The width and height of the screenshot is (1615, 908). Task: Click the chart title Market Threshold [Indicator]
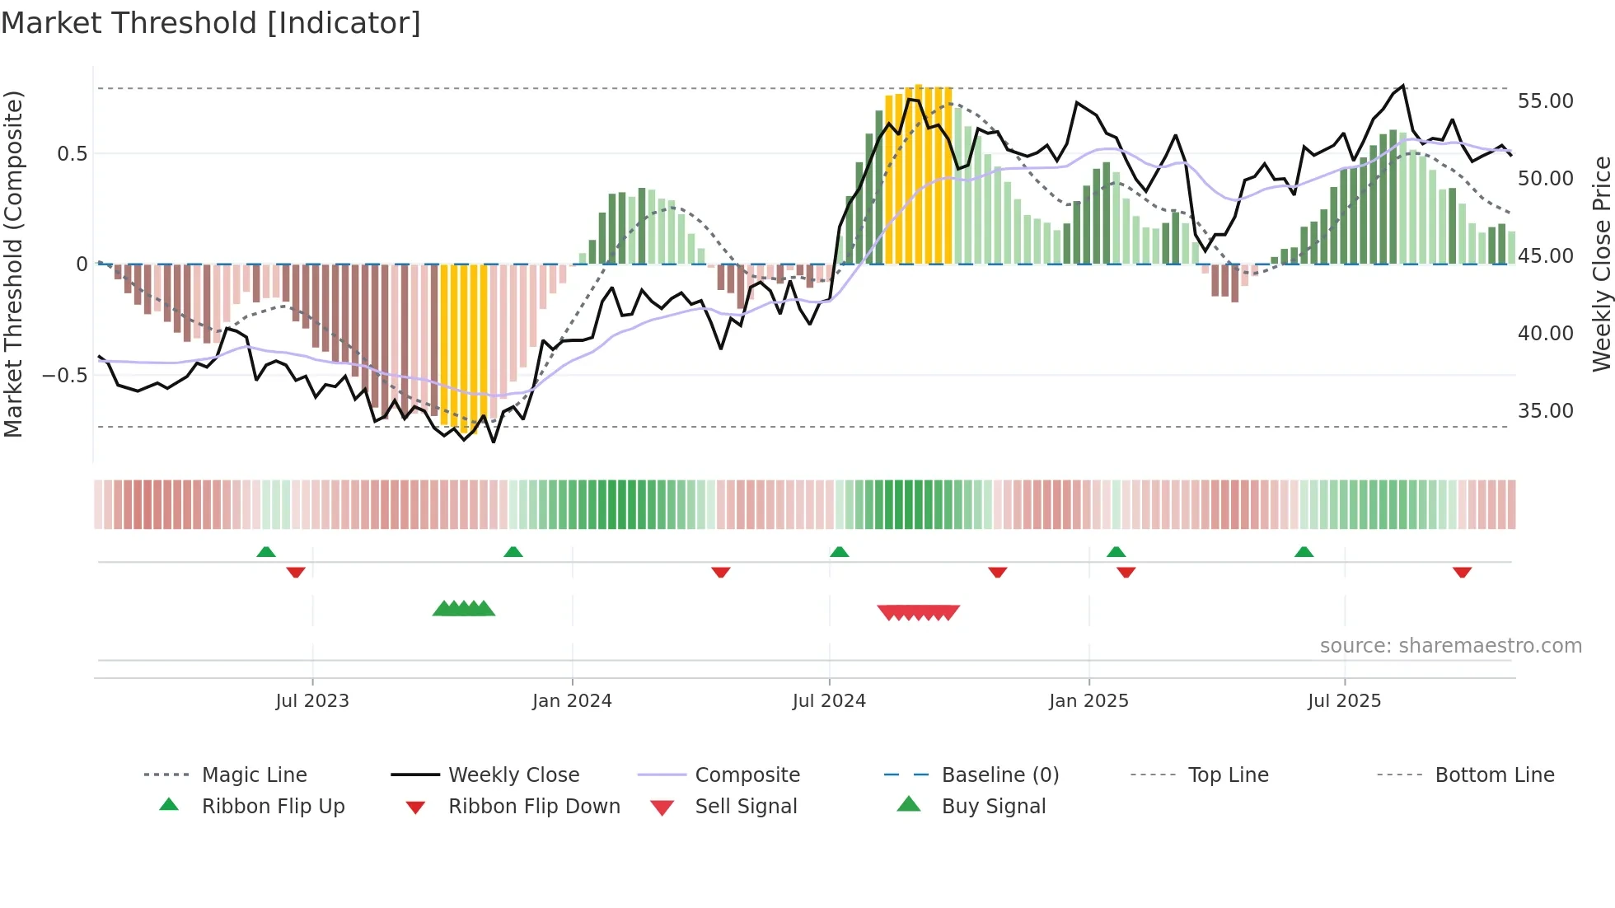pyautogui.click(x=211, y=23)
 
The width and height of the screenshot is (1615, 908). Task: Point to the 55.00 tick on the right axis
pyautogui.click(x=1545, y=101)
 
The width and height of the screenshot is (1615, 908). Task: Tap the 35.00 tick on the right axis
pyautogui.click(x=1545, y=411)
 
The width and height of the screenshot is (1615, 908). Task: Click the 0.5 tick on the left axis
pyautogui.click(x=72, y=154)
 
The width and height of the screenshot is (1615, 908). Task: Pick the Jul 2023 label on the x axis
pyautogui.click(x=312, y=701)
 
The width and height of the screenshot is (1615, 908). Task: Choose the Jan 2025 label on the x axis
pyautogui.click(x=1088, y=701)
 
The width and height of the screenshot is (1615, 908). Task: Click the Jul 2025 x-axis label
pyautogui.click(x=1344, y=701)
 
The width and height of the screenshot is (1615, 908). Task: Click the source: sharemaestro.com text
pyautogui.click(x=1450, y=646)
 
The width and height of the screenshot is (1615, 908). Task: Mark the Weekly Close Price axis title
pyautogui.click(x=1601, y=264)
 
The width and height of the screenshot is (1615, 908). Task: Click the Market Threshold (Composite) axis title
pyautogui.click(x=13, y=264)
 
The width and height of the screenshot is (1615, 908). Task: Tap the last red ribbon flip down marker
pyautogui.click(x=1462, y=572)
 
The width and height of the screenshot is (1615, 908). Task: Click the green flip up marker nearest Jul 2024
pyautogui.click(x=839, y=552)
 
